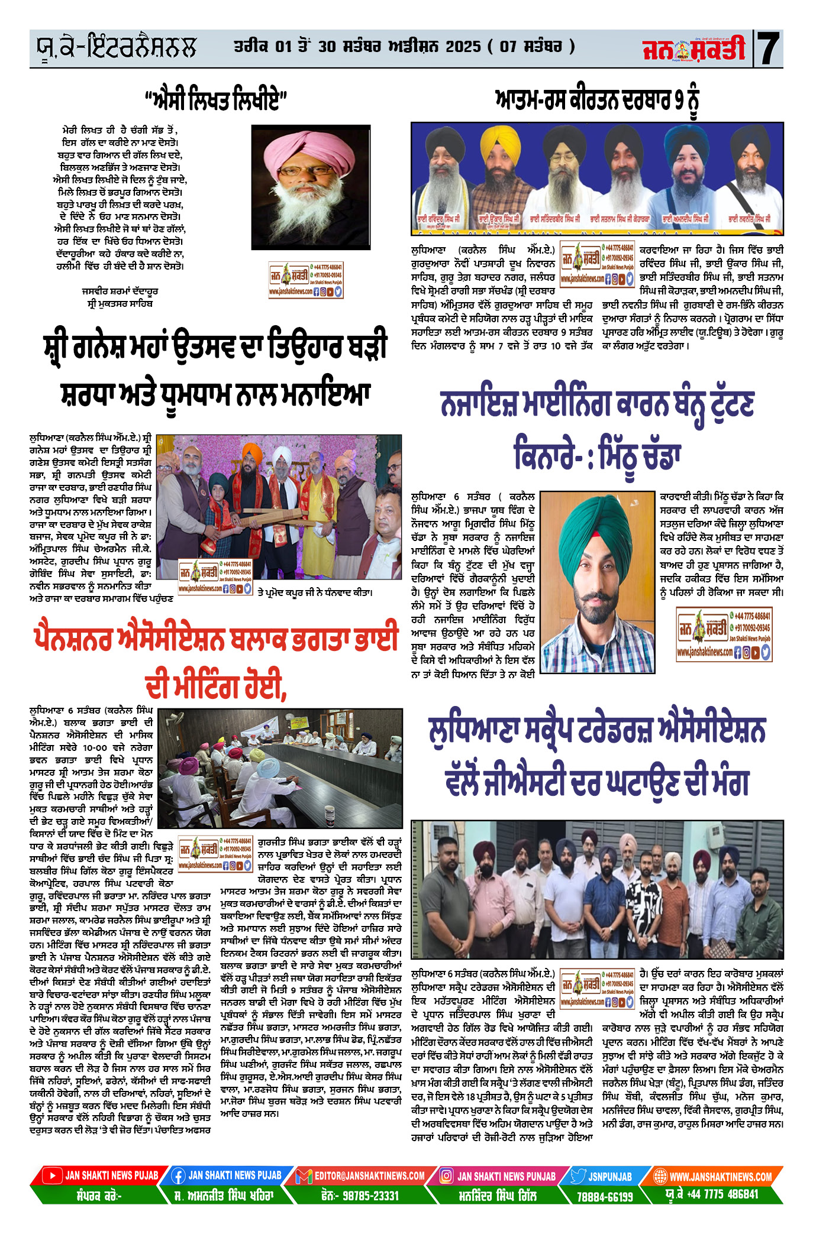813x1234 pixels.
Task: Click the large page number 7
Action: tap(769, 48)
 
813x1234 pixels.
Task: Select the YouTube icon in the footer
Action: tap(53, 1176)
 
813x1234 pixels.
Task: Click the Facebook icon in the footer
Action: tap(178, 1176)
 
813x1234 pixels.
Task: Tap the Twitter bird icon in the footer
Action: tap(578, 1176)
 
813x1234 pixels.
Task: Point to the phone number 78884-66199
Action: tap(605, 1196)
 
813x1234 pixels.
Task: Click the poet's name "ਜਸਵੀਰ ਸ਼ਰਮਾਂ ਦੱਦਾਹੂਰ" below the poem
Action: tap(120, 291)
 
